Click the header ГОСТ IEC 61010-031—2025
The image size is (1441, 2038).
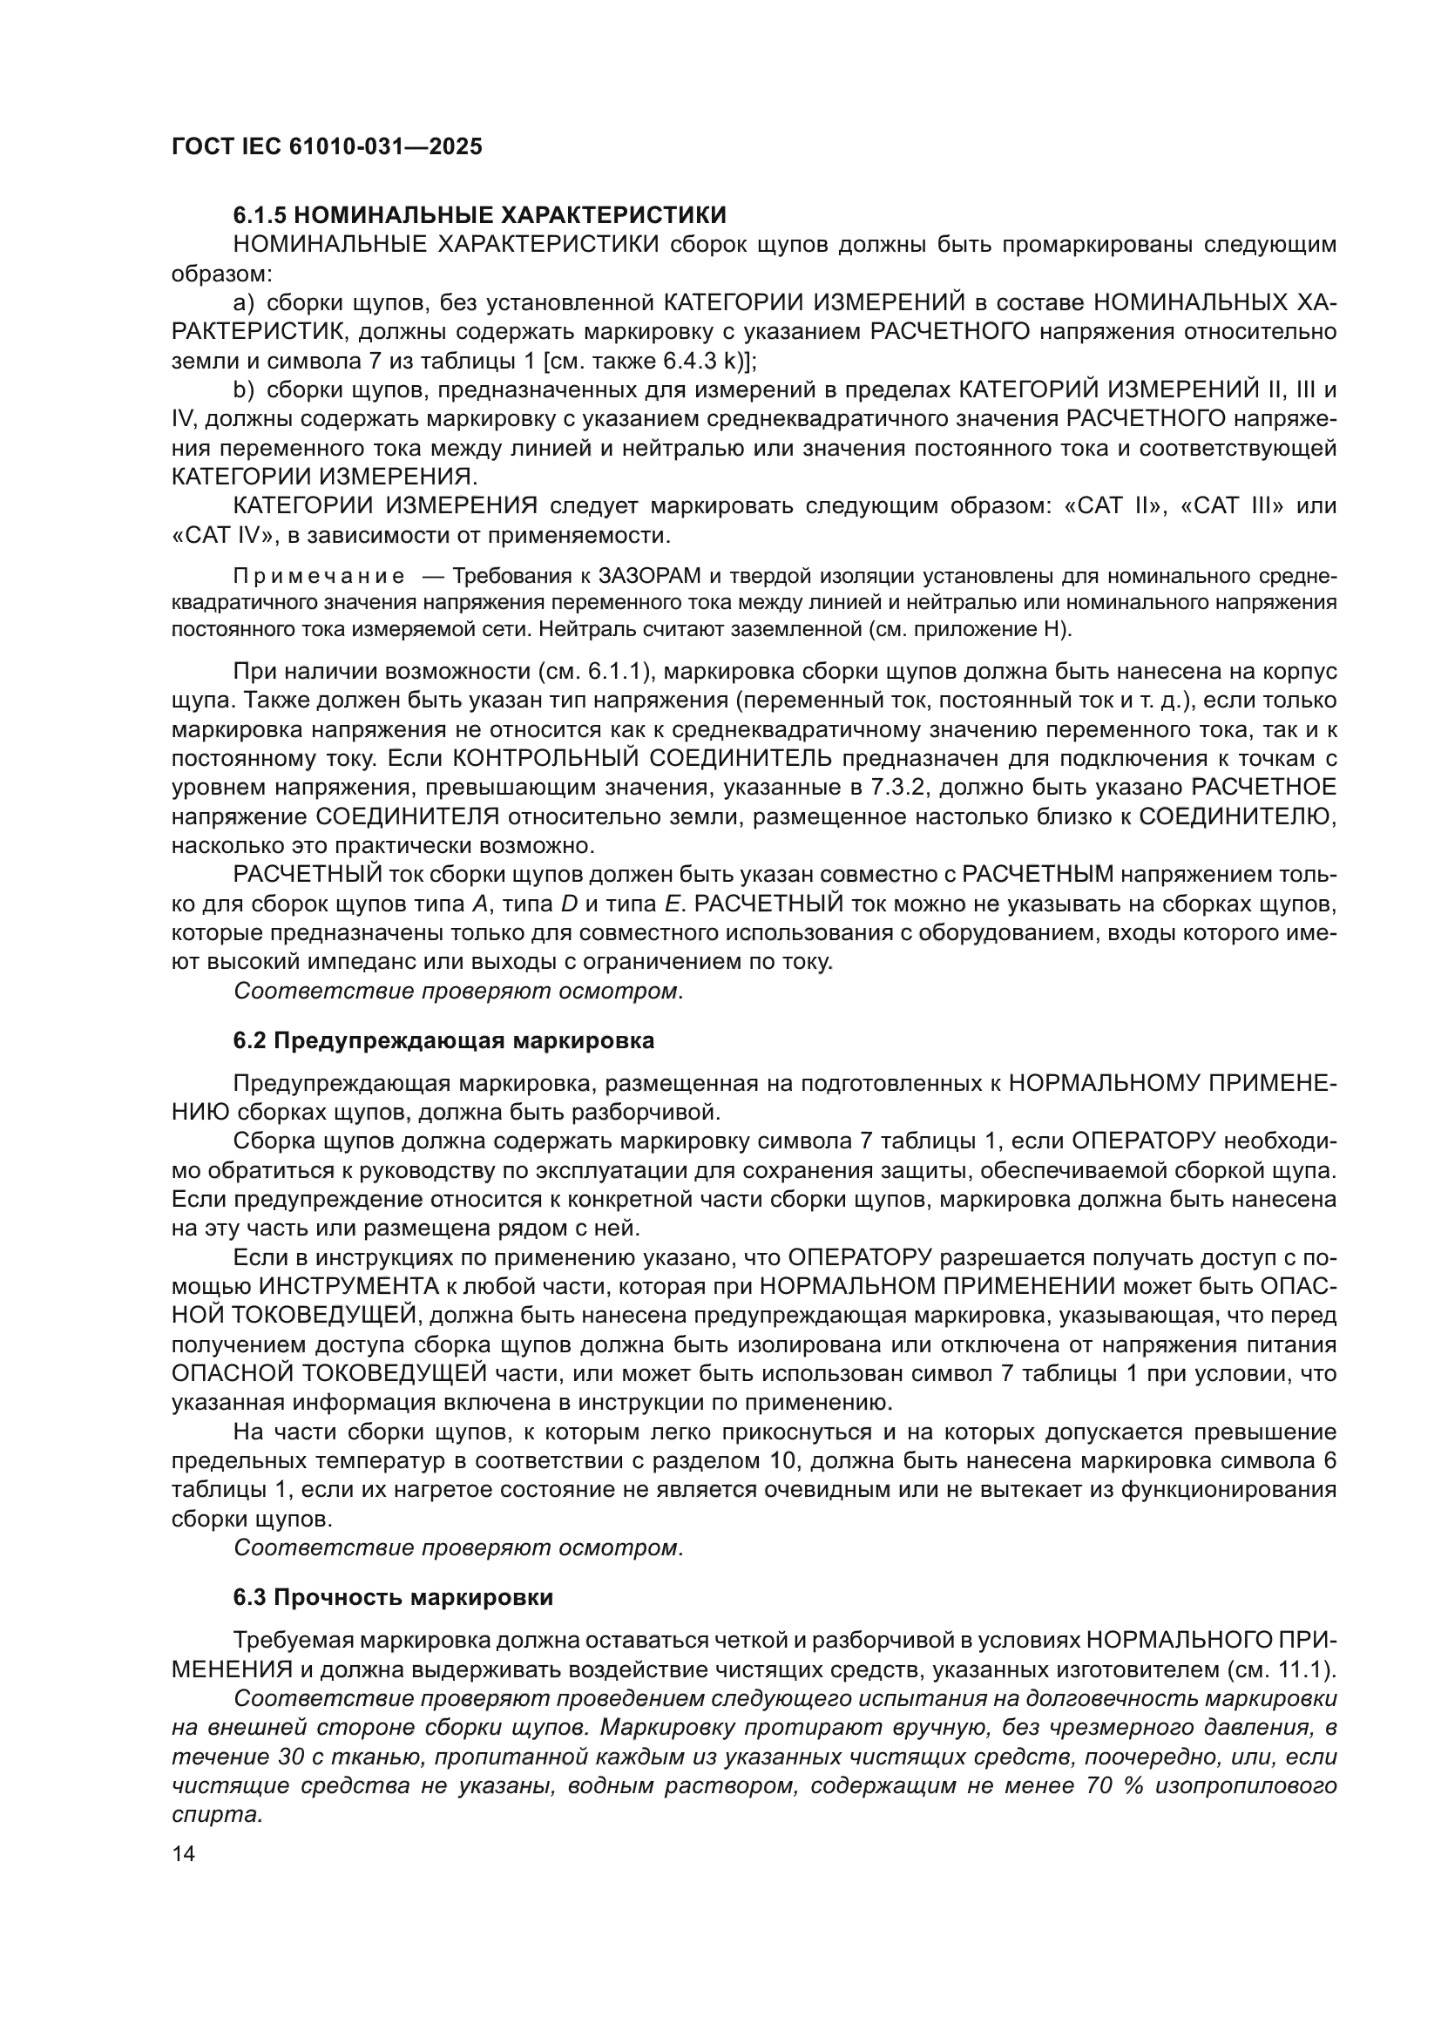coord(327,146)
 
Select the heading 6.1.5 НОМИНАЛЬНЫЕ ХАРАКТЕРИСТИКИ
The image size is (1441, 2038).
coord(479,215)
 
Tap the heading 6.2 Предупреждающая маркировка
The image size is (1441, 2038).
coord(443,1040)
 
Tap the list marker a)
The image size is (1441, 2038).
coord(243,302)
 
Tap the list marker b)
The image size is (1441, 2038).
coord(243,389)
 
